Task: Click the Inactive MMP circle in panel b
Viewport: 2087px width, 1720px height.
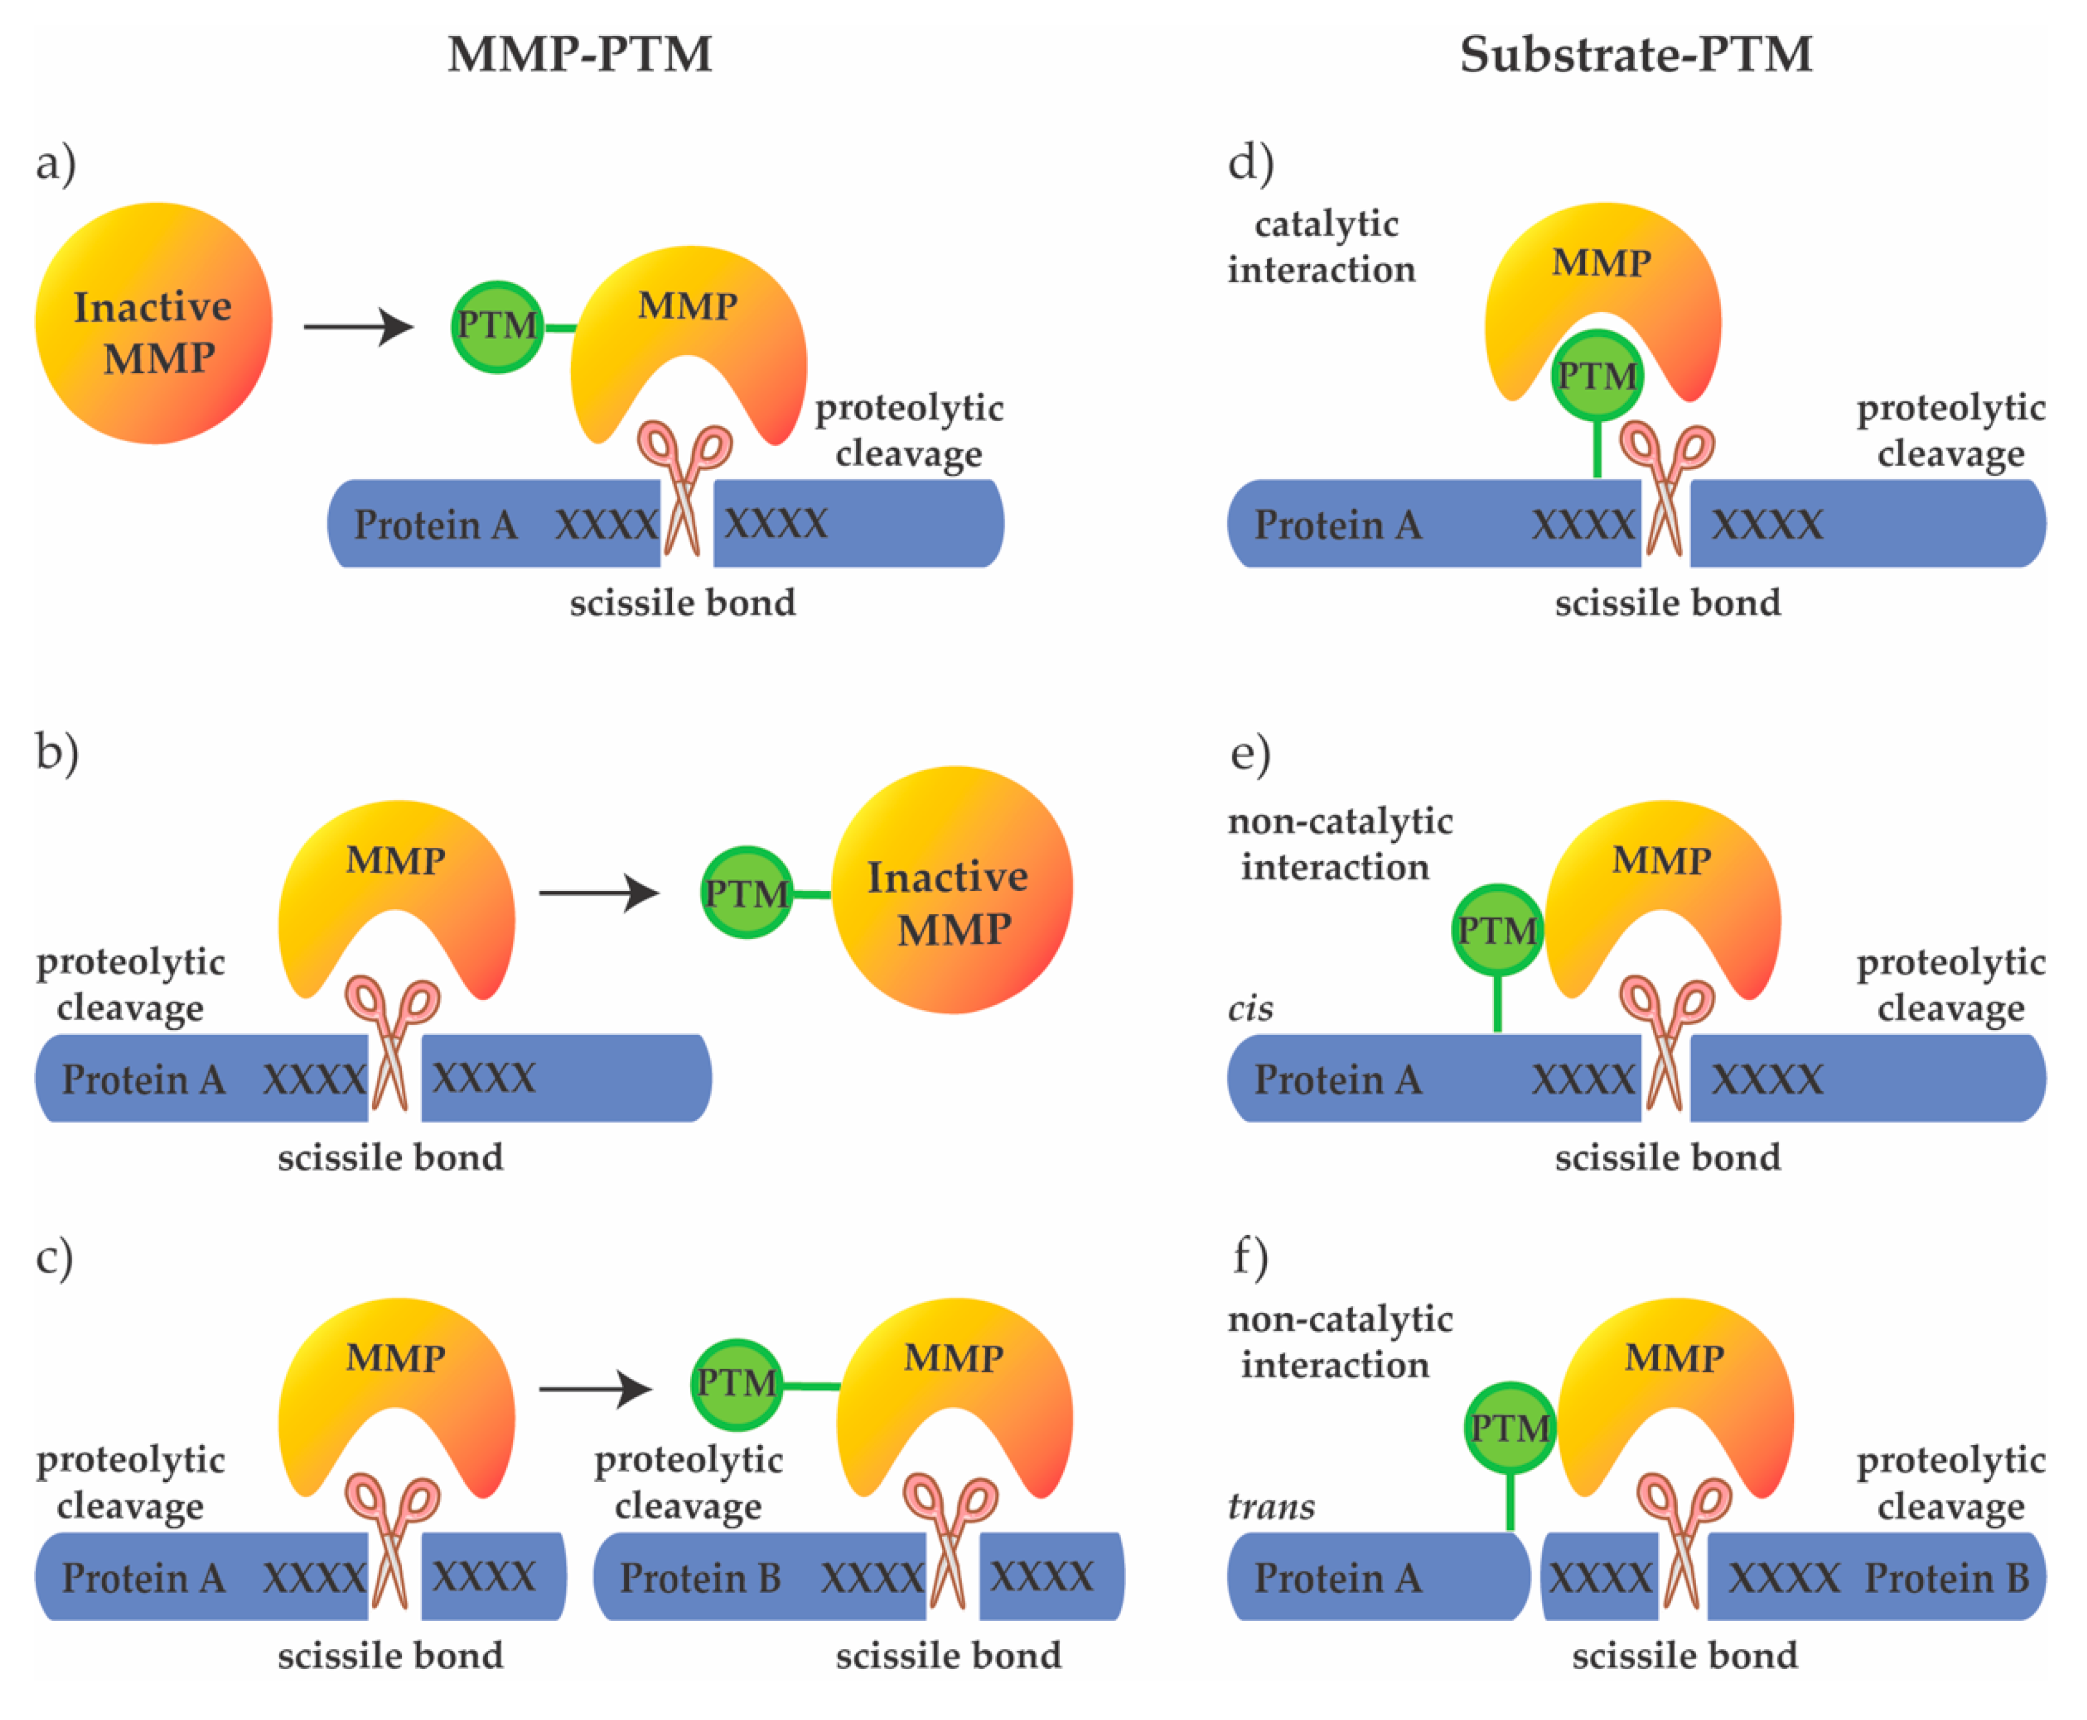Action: tap(951, 890)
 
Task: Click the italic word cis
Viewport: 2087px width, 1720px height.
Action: tap(1251, 1009)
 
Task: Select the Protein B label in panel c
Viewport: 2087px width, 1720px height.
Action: tap(700, 1577)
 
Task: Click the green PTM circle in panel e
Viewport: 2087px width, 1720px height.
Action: tap(1496, 930)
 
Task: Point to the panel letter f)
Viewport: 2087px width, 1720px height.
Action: tap(1251, 1258)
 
